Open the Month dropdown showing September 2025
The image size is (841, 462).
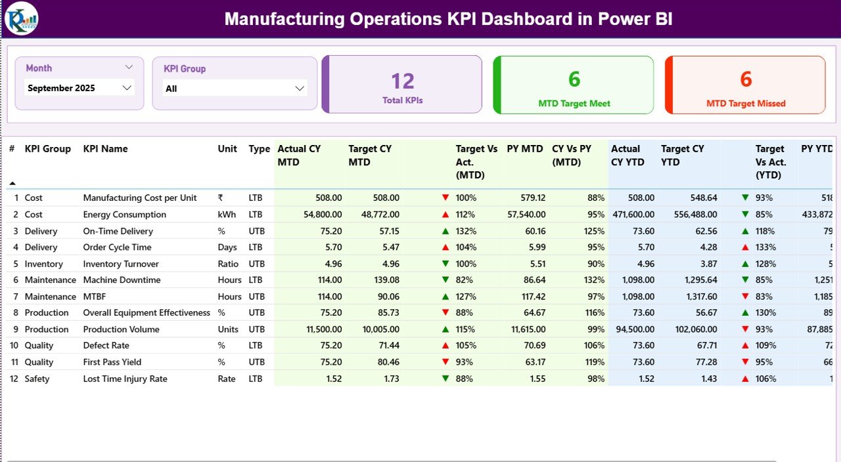pyautogui.click(x=80, y=88)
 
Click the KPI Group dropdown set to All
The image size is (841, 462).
pyautogui.click(x=235, y=89)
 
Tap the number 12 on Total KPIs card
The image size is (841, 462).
pyautogui.click(x=402, y=81)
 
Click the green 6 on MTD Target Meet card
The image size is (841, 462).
pyautogui.click(x=574, y=79)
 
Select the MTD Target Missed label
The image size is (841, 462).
pyautogui.click(x=746, y=104)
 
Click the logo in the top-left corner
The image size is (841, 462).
pyautogui.click(x=21, y=18)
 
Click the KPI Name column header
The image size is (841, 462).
pyautogui.click(x=105, y=149)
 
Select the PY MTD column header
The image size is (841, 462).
pyautogui.click(x=524, y=149)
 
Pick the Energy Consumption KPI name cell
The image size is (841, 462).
pyautogui.click(x=124, y=215)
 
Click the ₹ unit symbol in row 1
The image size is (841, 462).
pyautogui.click(x=221, y=198)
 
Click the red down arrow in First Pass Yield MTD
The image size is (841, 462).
pyautogui.click(x=445, y=362)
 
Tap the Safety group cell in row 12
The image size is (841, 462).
pyautogui.click(x=37, y=379)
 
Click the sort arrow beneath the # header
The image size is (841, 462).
pyautogui.click(x=12, y=183)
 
